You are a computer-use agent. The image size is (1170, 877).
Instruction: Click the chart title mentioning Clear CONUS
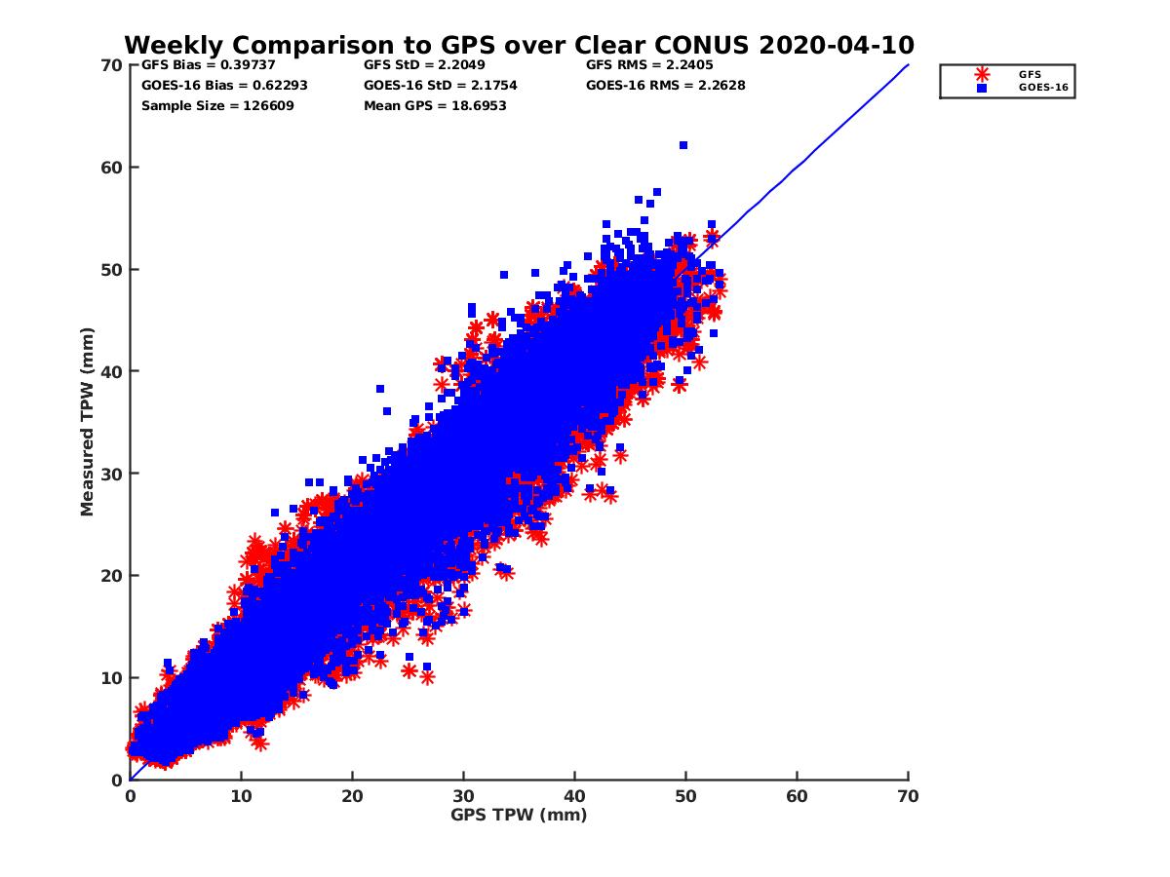point(519,45)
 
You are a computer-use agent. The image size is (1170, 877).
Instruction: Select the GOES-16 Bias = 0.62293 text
point(224,85)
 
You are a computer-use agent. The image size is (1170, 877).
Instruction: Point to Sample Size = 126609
point(217,105)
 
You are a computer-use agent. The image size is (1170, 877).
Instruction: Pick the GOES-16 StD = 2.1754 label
point(440,85)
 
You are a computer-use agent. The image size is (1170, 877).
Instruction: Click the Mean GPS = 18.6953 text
point(435,105)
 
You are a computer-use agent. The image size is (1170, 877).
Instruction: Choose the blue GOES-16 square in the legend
point(982,88)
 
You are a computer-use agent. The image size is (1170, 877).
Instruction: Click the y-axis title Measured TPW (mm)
point(88,422)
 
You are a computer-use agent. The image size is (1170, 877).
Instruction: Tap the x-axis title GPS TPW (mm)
point(519,815)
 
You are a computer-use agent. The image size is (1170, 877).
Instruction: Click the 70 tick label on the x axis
point(908,796)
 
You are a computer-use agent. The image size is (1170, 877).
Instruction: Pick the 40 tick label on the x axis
point(574,796)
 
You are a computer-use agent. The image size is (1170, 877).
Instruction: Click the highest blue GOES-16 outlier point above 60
point(683,145)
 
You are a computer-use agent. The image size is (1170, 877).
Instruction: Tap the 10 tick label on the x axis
point(241,796)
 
